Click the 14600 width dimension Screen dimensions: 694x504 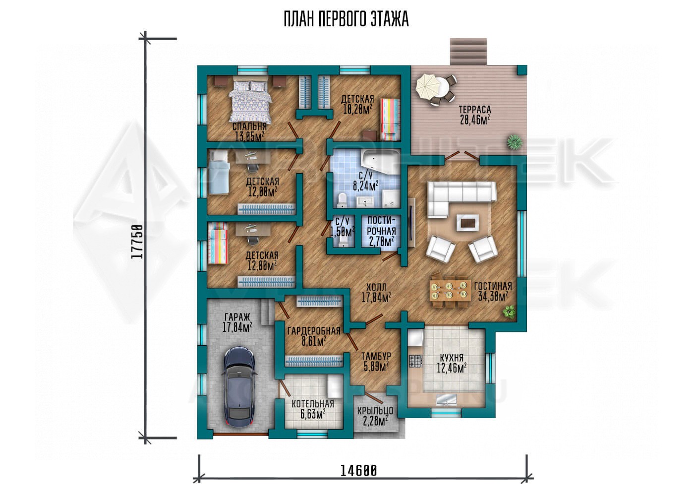[359, 471]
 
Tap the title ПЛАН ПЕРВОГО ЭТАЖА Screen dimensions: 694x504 [347, 19]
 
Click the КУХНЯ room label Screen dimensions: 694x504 [452, 358]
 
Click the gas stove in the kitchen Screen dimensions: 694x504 [415, 361]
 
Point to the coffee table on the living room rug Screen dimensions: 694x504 [467, 222]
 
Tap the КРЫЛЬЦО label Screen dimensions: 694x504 [375, 411]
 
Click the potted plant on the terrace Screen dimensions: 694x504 [515, 142]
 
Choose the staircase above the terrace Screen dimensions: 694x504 [468, 52]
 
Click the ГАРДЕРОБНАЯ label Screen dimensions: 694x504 [314, 331]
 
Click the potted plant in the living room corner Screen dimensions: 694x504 [509, 311]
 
